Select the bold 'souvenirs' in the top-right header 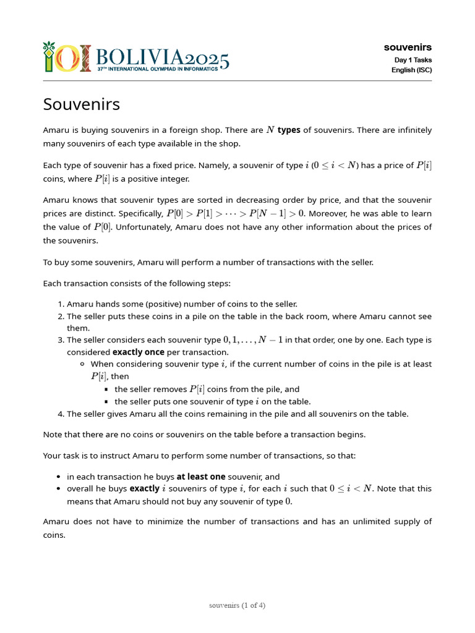click(x=408, y=47)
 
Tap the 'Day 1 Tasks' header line click(x=413, y=60)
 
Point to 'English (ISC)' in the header click(x=411, y=70)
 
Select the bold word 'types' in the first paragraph click(x=289, y=130)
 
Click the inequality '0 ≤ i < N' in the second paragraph click(x=332, y=166)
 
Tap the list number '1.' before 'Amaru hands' click(x=61, y=304)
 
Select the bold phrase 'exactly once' click(x=139, y=352)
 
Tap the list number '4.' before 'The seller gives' click(x=61, y=414)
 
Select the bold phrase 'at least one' click(x=201, y=477)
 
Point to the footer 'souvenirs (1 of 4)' click(x=237, y=605)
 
